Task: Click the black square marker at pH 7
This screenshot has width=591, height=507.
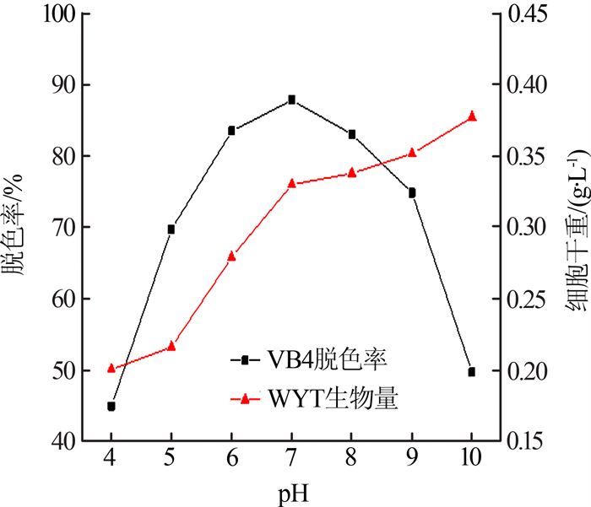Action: pyautogui.click(x=292, y=100)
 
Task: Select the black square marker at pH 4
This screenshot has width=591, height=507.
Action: pyautogui.click(x=111, y=406)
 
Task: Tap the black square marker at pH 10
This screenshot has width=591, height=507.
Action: pyautogui.click(x=472, y=371)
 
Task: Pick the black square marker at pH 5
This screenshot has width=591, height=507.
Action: pyautogui.click(x=171, y=229)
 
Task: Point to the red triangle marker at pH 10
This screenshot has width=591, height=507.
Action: pyautogui.click(x=472, y=116)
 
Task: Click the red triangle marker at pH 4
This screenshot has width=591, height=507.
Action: pyautogui.click(x=111, y=368)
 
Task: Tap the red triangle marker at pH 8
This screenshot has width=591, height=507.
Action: pyautogui.click(x=352, y=173)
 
